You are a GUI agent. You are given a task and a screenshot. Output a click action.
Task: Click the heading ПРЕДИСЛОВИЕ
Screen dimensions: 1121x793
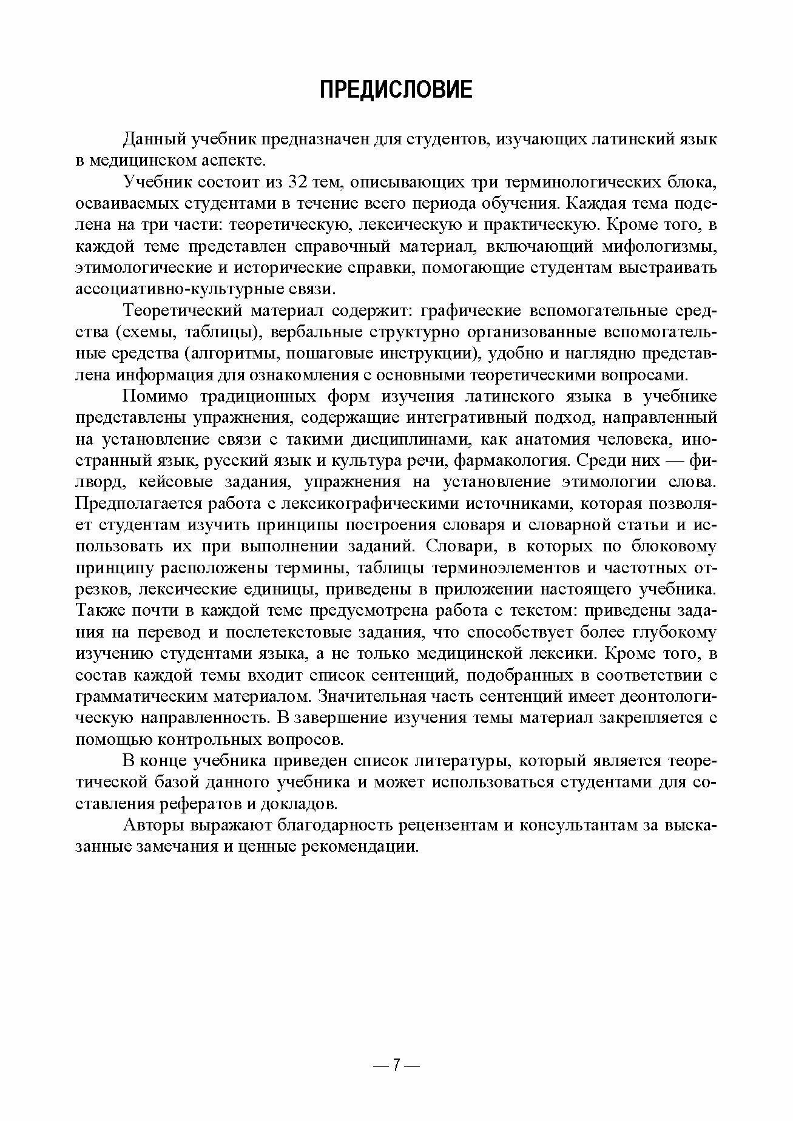point(396,90)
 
